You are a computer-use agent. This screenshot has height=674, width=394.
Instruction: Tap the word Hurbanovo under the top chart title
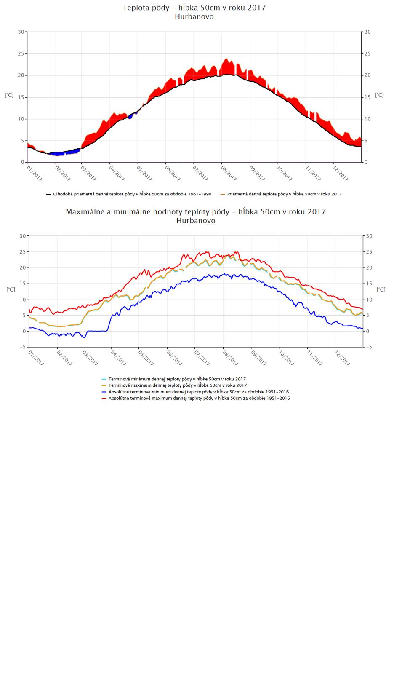(x=194, y=17)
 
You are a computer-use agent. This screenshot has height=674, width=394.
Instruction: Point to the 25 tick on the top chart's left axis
(x=21, y=53)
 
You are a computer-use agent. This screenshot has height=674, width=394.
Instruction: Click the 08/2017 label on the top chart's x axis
(x=229, y=174)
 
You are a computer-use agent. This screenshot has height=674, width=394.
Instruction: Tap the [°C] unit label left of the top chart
(x=9, y=95)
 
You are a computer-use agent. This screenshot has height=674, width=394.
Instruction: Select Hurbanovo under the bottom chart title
(x=196, y=221)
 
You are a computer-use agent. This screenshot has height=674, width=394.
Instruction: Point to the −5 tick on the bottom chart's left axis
(x=21, y=347)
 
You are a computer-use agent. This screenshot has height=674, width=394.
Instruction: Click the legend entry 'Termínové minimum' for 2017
(x=177, y=379)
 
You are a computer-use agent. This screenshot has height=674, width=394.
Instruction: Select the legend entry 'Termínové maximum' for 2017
(x=177, y=385)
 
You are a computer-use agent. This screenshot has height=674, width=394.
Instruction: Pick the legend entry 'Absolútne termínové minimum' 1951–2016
(x=198, y=392)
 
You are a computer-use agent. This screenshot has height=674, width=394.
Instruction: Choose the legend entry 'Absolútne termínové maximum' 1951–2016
(x=199, y=398)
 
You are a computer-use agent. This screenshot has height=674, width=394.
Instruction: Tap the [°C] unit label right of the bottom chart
(x=381, y=290)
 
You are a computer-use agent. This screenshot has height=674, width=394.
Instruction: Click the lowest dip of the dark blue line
(x=84, y=337)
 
